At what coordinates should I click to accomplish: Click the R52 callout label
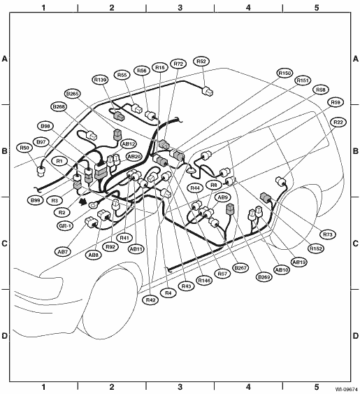pos(201,62)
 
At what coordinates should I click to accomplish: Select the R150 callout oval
pos(285,73)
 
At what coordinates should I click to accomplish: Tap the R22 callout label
pos(338,122)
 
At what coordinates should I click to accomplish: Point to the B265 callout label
pos(72,94)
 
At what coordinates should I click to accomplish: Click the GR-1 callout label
pos(65,226)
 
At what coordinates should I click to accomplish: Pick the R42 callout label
pos(150,300)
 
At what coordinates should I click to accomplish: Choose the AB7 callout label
pos(63,251)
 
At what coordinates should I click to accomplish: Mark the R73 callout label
pos(328,234)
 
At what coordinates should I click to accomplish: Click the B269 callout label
pos(264,277)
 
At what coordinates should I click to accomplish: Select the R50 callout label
pos(24,148)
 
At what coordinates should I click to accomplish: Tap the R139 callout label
pos(101,80)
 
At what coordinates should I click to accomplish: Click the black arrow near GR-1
pos(82,202)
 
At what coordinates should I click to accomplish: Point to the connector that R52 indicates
pos(208,91)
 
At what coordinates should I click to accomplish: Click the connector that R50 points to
pos(40,171)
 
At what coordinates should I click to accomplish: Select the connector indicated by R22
pos(281,181)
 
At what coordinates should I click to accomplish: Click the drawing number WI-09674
pos(347,390)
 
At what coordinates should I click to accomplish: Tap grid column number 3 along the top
pos(180,8)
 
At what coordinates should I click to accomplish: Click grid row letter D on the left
pos(4,336)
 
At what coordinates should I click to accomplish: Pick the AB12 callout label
pos(129,144)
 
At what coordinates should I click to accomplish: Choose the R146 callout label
pos(204,281)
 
